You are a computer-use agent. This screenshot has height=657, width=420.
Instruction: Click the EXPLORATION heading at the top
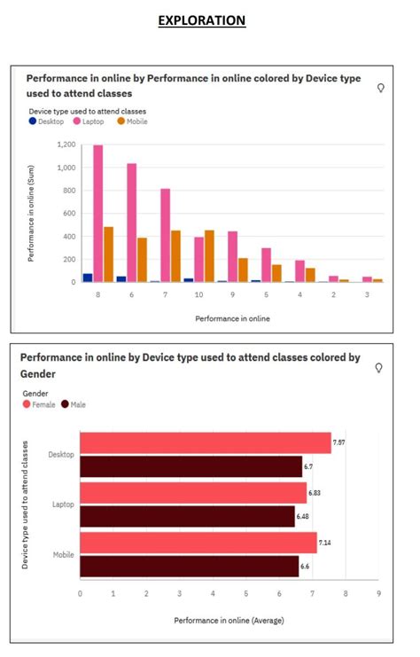coord(201,20)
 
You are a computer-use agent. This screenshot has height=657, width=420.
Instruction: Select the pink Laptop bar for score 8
coord(98,214)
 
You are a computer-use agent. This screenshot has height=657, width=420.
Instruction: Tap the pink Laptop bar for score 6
coord(131,223)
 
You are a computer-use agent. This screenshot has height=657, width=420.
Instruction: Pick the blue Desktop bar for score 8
coord(87,278)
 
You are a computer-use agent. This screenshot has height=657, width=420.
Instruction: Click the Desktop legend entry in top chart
coord(46,121)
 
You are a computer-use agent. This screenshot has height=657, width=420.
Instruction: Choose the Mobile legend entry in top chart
coord(132,121)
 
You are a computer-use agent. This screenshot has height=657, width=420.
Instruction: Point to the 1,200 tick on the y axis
coord(66,145)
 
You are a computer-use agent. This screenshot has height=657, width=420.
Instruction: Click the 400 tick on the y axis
coord(68,236)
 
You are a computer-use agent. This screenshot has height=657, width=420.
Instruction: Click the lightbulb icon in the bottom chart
coord(379,368)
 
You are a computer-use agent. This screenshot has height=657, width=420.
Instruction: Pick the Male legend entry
coord(74,403)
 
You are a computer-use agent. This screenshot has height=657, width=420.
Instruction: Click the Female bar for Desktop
coord(205,442)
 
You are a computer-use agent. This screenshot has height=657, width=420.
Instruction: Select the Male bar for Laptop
coord(187,516)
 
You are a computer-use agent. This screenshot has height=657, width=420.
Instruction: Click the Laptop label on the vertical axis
coord(62,504)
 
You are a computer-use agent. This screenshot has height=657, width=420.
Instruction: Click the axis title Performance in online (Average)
coord(229,621)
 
